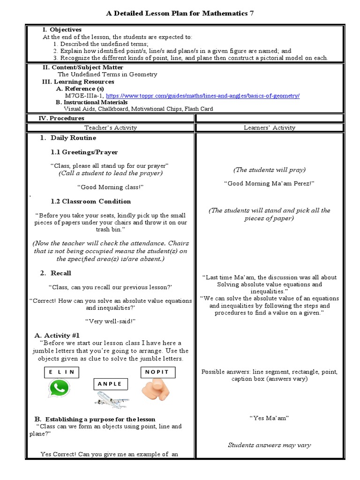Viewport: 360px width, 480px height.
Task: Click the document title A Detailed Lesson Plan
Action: pyautogui.click(x=180, y=14)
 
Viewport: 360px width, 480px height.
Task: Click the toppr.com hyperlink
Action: pyautogui.click(x=203, y=96)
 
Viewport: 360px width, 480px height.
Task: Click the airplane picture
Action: pyautogui.click(x=112, y=400)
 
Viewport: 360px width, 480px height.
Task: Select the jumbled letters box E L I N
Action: pyautogui.click(x=61, y=373)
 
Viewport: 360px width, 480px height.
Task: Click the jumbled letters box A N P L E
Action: pyautogui.click(x=110, y=384)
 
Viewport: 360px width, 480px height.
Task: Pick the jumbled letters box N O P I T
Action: pyautogui.click(x=158, y=372)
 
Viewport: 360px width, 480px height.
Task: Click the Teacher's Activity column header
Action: pyautogui.click(x=111, y=127)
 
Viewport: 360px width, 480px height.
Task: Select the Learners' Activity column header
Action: pyautogui.click(x=270, y=127)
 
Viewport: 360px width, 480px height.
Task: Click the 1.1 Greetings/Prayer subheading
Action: pyautogui.click(x=84, y=152)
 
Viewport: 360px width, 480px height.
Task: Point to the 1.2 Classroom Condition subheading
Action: pyautogui.click(x=90, y=202)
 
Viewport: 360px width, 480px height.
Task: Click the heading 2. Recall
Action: pyautogui.click(x=56, y=273)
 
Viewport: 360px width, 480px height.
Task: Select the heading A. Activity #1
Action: pyautogui.click(x=57, y=336)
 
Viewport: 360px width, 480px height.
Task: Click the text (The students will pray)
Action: pyautogui.click(x=269, y=170)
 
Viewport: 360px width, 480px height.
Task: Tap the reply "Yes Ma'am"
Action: pyautogui.click(x=269, y=418)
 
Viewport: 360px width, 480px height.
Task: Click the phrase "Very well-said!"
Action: pyautogui.click(x=110, y=322)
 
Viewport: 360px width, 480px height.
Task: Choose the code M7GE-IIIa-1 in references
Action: pyautogui.click(x=84, y=96)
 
